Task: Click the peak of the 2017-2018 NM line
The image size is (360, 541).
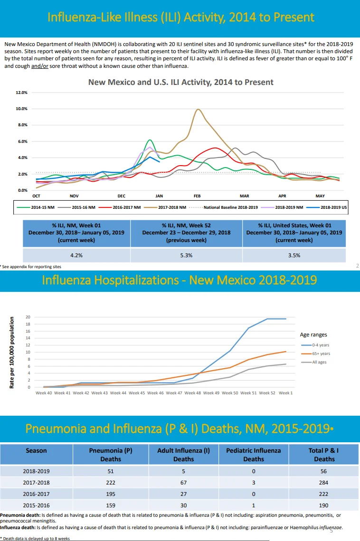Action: (x=198, y=109)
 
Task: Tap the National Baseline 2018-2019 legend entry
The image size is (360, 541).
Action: (x=224, y=207)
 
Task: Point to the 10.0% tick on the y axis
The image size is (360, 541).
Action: (x=21, y=109)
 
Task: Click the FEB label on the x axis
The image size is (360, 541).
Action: (x=197, y=196)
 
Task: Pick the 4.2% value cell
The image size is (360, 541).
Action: (x=76, y=255)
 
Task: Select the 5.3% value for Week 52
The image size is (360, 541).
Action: (x=186, y=255)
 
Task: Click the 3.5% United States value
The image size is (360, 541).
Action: (x=294, y=255)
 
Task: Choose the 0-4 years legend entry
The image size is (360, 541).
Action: (x=315, y=345)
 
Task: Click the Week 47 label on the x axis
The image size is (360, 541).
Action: (x=174, y=393)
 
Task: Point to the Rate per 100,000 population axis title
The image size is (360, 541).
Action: (x=12, y=352)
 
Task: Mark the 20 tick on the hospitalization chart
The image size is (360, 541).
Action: (x=28, y=317)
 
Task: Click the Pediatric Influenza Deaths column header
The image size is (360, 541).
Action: (x=253, y=455)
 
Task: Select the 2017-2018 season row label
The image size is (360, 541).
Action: (x=36, y=483)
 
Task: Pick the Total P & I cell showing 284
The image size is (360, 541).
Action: (x=323, y=483)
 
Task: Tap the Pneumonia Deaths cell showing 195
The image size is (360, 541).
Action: (x=111, y=494)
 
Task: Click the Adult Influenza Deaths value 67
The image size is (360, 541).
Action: (x=183, y=483)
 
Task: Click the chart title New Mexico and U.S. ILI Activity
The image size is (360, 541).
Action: (x=181, y=82)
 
